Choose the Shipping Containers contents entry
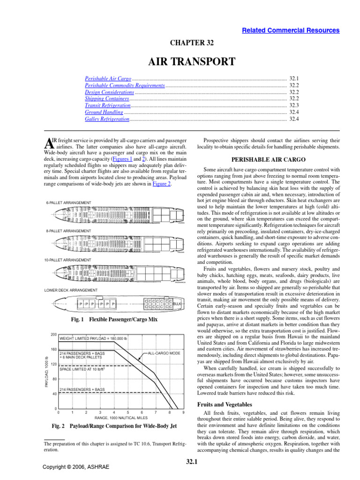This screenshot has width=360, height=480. (107, 99)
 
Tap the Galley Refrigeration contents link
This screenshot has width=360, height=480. (107, 120)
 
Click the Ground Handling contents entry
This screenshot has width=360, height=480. (104, 112)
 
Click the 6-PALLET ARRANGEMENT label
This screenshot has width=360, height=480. (68, 202)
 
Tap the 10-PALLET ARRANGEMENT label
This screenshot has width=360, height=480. (69, 260)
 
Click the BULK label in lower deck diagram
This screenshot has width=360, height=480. (177, 304)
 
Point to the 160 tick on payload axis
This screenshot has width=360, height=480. (53, 350)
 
